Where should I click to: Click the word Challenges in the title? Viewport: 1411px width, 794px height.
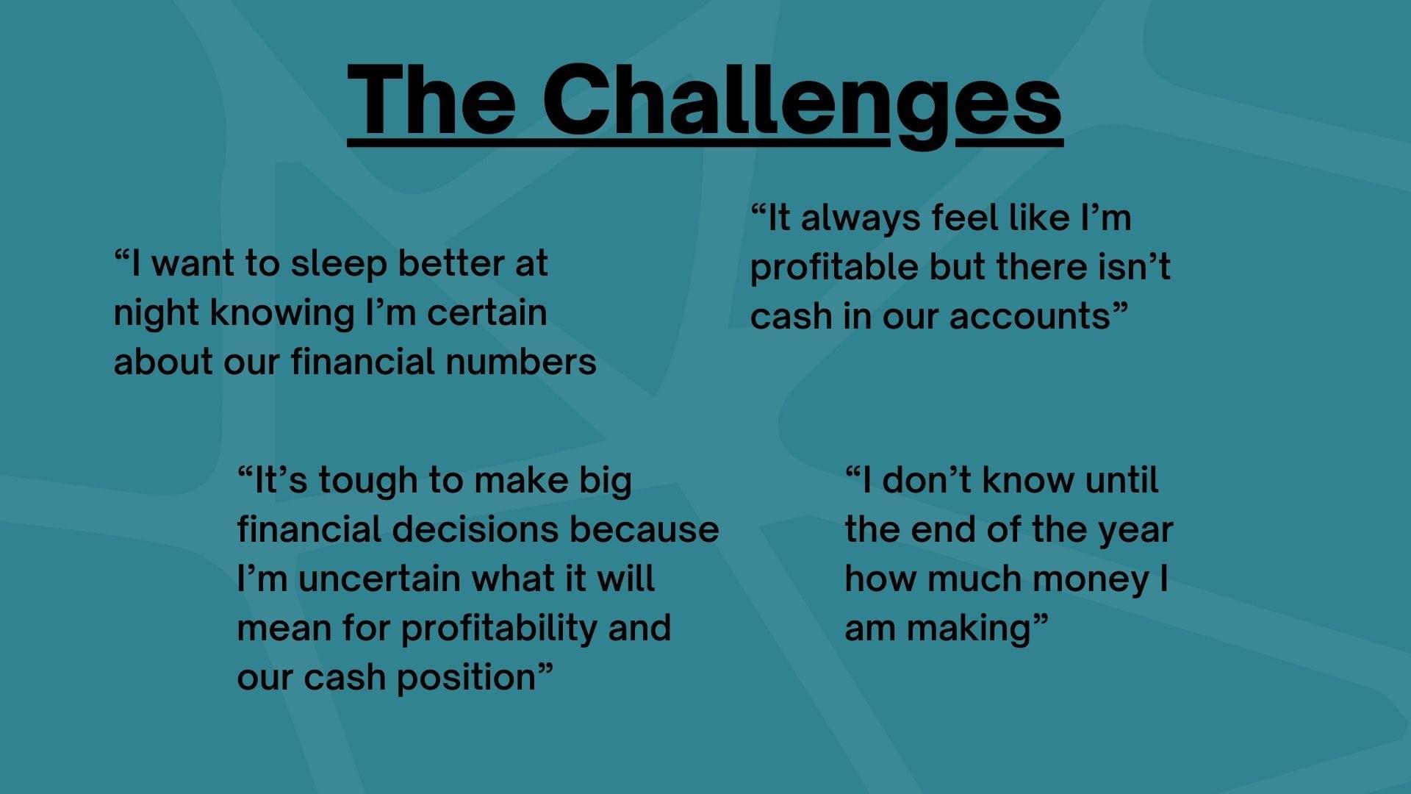pos(802,103)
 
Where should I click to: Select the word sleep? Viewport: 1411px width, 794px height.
pos(339,265)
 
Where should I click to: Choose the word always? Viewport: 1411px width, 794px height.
pos(860,220)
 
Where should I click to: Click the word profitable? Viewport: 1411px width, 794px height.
pos(834,269)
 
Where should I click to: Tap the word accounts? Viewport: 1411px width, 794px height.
pos(1030,317)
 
